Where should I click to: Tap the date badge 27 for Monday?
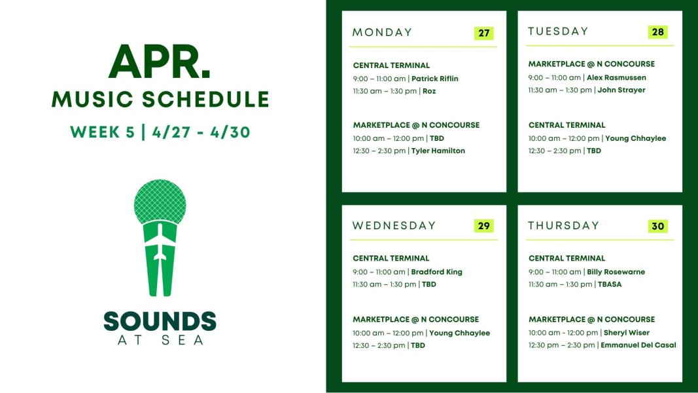(x=484, y=33)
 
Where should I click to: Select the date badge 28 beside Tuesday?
(x=658, y=32)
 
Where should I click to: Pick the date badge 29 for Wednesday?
(x=484, y=226)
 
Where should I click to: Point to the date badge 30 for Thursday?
(x=658, y=226)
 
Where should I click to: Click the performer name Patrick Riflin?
(x=435, y=79)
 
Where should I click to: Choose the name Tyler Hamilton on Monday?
(x=438, y=151)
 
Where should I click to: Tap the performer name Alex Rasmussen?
(x=616, y=77)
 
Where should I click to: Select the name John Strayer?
(x=621, y=90)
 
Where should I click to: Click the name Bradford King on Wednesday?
(x=437, y=272)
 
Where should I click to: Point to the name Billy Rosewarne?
(x=616, y=272)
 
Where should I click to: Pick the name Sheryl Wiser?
(x=627, y=333)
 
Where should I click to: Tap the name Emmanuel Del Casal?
(x=638, y=345)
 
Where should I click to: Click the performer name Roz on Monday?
(x=429, y=91)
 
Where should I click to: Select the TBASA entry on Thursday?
(x=610, y=284)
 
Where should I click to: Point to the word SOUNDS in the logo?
(x=160, y=321)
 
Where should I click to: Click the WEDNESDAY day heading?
(x=394, y=226)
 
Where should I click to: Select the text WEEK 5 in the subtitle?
(x=103, y=132)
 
